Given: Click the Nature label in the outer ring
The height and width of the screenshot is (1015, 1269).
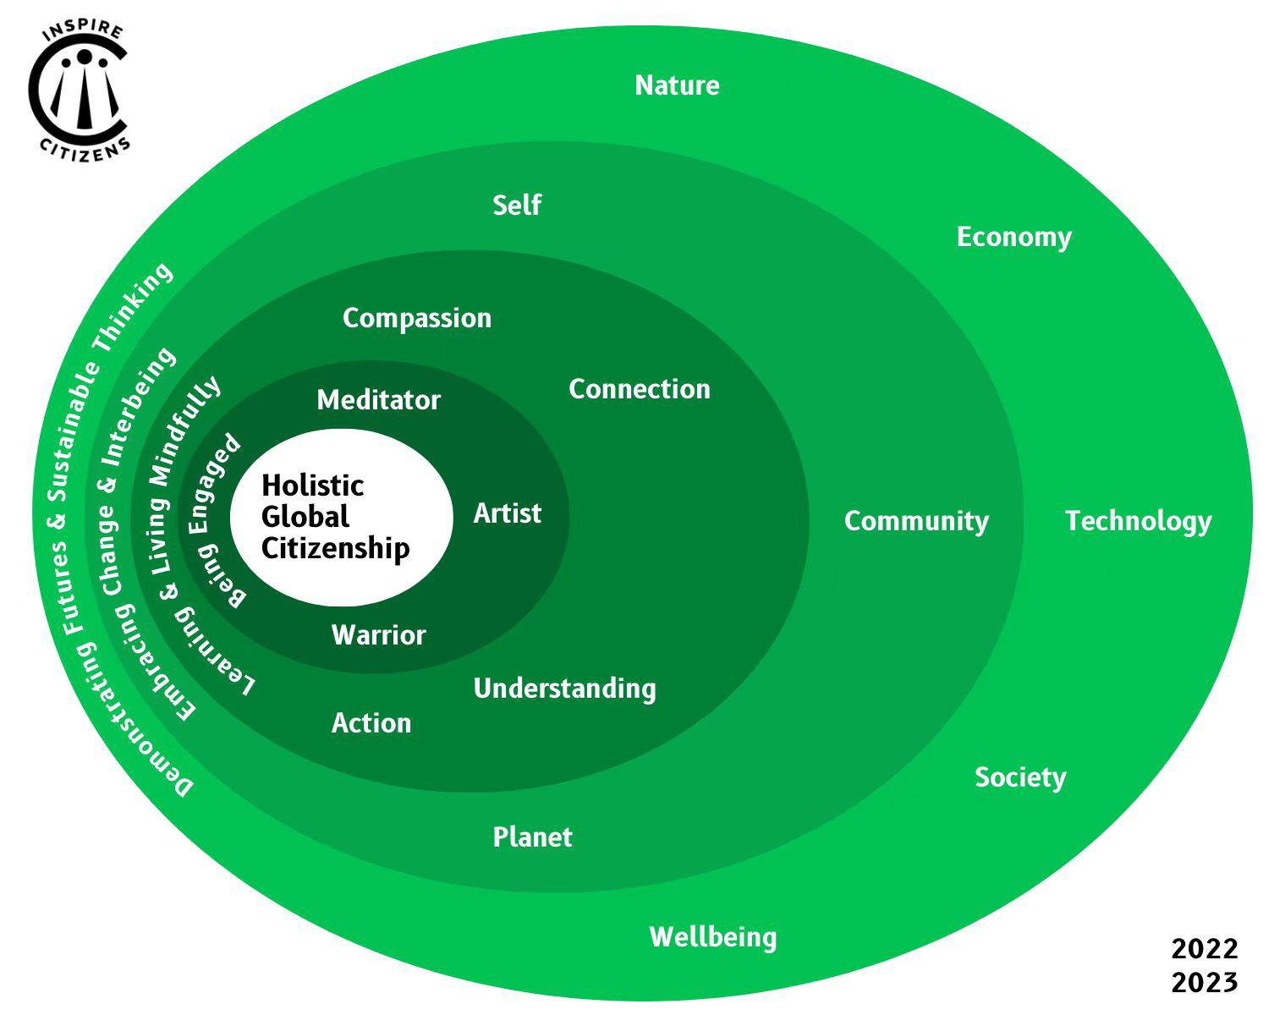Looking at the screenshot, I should coord(677,85).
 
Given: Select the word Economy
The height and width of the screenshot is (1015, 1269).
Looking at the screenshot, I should coord(1014,237).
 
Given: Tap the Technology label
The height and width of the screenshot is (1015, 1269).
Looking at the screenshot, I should coord(1138,521).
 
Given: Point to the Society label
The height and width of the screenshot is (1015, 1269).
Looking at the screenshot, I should coord(1020,777).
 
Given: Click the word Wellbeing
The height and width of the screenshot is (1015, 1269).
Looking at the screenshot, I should coord(713,937).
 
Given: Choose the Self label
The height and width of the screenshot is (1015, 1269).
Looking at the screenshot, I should coord(517,205).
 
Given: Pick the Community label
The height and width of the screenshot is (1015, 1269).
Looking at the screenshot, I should coord(916,521).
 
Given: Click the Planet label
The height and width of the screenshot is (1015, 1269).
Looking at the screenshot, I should coord(532,837).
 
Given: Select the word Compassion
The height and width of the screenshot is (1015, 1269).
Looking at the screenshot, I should coord(417,318).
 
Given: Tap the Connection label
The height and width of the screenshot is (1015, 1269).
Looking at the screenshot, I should coord(640,389).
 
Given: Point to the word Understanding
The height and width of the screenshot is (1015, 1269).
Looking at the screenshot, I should coord(564,689).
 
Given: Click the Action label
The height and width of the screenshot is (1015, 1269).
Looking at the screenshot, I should coord(371,723).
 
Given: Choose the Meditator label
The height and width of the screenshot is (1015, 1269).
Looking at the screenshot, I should coord(379,400).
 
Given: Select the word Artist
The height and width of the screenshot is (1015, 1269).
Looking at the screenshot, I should coord(508,513).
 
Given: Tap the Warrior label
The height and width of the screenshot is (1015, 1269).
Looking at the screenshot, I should coord(379,635).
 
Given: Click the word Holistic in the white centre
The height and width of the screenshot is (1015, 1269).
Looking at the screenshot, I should coord(313,486).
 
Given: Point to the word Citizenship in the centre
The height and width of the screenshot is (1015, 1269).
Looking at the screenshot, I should coord(336,548).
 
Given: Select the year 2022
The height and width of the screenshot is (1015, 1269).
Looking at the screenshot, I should coord(1205,949).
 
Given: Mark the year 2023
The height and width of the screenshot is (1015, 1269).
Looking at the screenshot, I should coord(1205,983).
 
